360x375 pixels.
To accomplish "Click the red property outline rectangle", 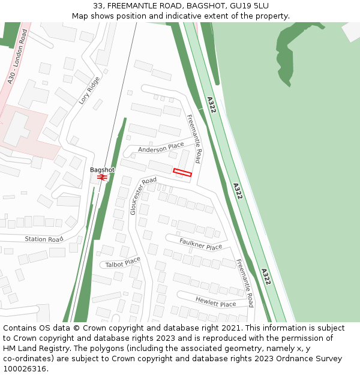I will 182,173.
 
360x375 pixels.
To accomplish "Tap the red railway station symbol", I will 102,177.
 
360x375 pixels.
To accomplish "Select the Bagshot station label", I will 102,170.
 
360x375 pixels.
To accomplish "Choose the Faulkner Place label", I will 201,244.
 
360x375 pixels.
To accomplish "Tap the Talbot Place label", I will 122,262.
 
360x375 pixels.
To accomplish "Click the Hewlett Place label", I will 215,301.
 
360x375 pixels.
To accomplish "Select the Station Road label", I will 44,239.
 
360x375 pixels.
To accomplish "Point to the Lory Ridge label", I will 89,90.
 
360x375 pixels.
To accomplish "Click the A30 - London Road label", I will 18,56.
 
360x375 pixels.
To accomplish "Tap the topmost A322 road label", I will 211,105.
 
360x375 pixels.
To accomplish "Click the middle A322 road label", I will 238,191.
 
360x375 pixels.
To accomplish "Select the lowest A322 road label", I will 265,277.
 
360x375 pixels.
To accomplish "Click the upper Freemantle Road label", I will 194,139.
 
